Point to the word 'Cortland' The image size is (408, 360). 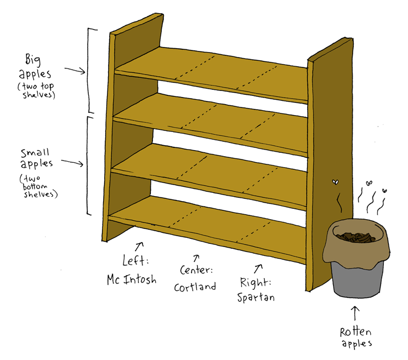(x=195, y=286)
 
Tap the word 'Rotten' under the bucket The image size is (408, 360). (x=355, y=332)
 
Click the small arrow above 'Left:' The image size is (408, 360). (x=140, y=245)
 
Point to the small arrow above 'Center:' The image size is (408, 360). (x=196, y=257)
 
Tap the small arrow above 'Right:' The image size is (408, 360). (x=258, y=268)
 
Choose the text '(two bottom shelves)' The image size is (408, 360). (x=38, y=186)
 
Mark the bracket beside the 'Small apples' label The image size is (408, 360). (x=90, y=164)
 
